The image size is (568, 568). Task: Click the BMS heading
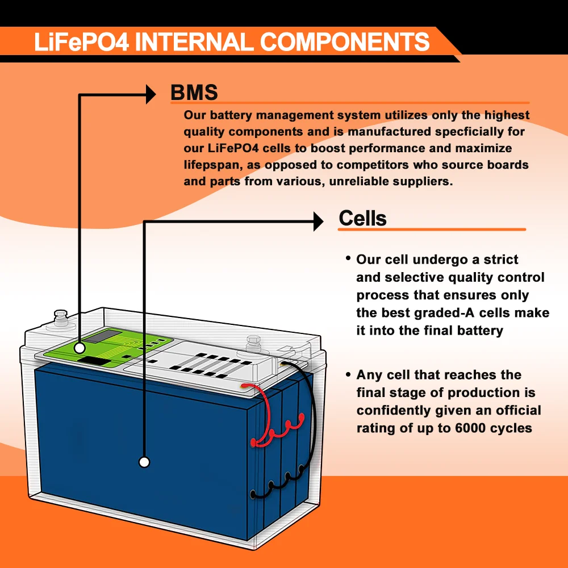pos(194,93)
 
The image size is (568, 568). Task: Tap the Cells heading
pos(362,218)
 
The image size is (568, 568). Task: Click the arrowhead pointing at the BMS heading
pos(150,94)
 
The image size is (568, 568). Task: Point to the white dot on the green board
pos(80,347)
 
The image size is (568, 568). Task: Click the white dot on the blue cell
pos(144,462)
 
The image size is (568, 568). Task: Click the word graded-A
pos(446,313)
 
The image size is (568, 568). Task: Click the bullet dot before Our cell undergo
pos(348,258)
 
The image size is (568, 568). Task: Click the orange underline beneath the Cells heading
pos(432,229)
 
